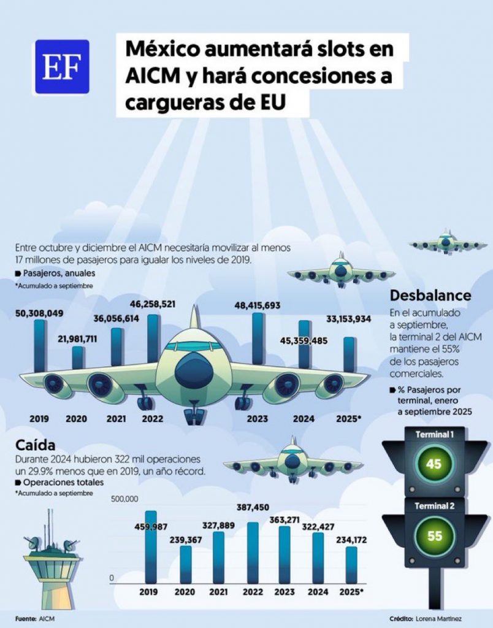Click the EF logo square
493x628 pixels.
click(x=62, y=66)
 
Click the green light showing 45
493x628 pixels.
click(x=434, y=464)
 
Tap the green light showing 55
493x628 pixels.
click(x=434, y=535)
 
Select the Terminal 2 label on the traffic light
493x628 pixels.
click(x=434, y=506)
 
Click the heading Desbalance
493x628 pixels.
click(x=430, y=296)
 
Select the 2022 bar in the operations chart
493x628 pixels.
click(x=253, y=552)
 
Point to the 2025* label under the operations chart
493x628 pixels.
click(x=351, y=592)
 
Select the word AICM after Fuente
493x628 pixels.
click(x=46, y=619)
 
